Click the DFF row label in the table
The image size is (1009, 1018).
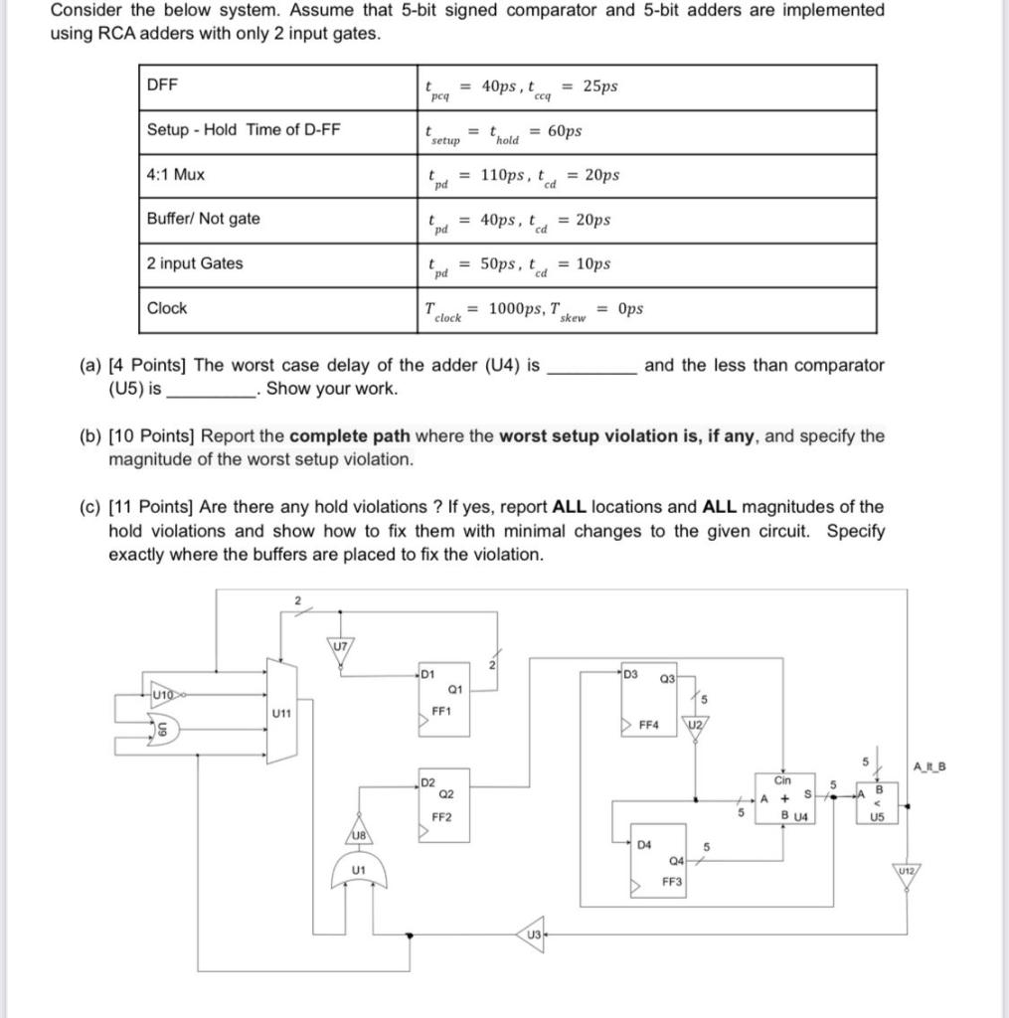(x=162, y=85)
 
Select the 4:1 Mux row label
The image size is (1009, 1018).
(x=176, y=174)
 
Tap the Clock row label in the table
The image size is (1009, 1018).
(x=167, y=308)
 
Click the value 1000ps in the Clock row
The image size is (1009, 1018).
(x=514, y=308)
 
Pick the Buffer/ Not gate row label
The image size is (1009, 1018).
(x=203, y=219)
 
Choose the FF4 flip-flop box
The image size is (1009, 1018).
(x=648, y=708)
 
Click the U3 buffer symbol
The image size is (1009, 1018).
(x=532, y=933)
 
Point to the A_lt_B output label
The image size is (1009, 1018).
(x=928, y=765)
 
